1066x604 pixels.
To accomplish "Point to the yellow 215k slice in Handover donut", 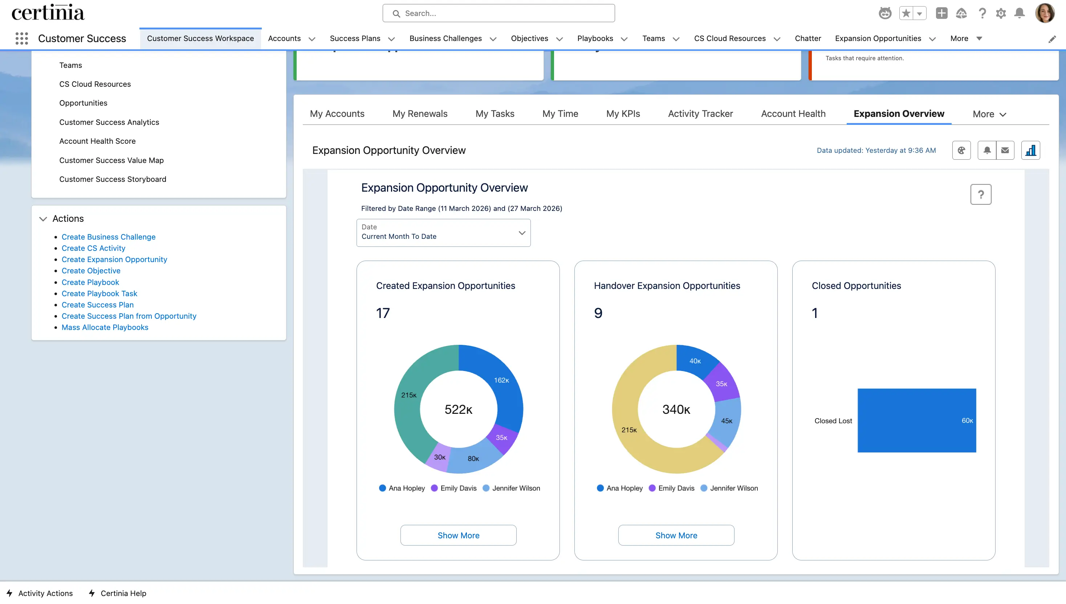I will [x=629, y=430].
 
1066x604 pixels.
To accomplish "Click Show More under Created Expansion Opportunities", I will [x=458, y=535].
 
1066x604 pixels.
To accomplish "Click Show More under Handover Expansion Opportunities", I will [x=676, y=535].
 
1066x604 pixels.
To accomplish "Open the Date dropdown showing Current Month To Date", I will [x=443, y=232].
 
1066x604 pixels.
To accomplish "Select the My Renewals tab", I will [x=419, y=114].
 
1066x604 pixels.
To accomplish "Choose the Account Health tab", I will [x=793, y=114].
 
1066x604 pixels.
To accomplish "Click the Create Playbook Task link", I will [x=99, y=293].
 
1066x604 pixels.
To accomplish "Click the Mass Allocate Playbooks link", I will [x=105, y=327].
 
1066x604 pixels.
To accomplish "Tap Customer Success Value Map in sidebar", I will [x=111, y=160].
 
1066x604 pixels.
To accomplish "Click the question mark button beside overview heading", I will [x=981, y=194].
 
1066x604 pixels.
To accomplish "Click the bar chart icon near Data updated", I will [x=1030, y=150].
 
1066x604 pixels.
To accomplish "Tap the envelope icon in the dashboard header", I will [x=1005, y=150].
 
